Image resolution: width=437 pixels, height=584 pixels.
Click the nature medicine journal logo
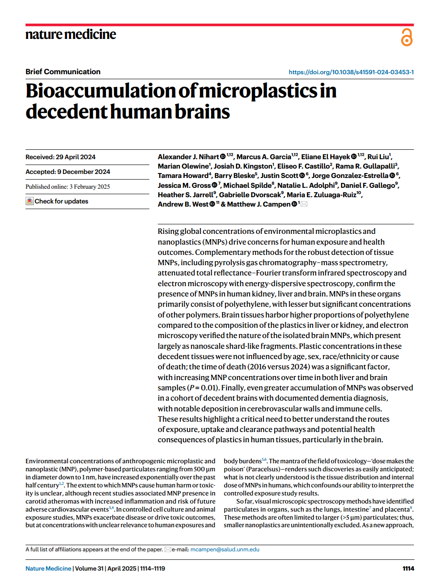tap(71, 34)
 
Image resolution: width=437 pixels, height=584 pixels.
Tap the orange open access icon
tap(407, 37)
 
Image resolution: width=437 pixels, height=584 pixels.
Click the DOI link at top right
tap(351, 72)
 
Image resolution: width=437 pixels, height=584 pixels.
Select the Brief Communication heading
tap(63, 72)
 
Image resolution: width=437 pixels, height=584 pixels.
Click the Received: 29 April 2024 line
tap(60, 157)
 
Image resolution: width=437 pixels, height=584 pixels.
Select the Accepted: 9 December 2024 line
tap(68, 172)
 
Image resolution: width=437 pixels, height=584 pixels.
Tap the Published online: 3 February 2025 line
tap(68, 186)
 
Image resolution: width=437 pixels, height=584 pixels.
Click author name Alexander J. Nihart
tap(188, 157)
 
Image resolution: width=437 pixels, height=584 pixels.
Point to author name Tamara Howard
tap(183, 176)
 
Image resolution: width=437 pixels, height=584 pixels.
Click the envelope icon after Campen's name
tap(304, 204)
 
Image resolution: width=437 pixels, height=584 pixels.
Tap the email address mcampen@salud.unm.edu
tap(225, 550)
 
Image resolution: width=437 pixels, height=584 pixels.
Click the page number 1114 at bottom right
tap(408, 568)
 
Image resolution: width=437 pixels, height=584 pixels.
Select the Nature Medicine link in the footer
tap(48, 568)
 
